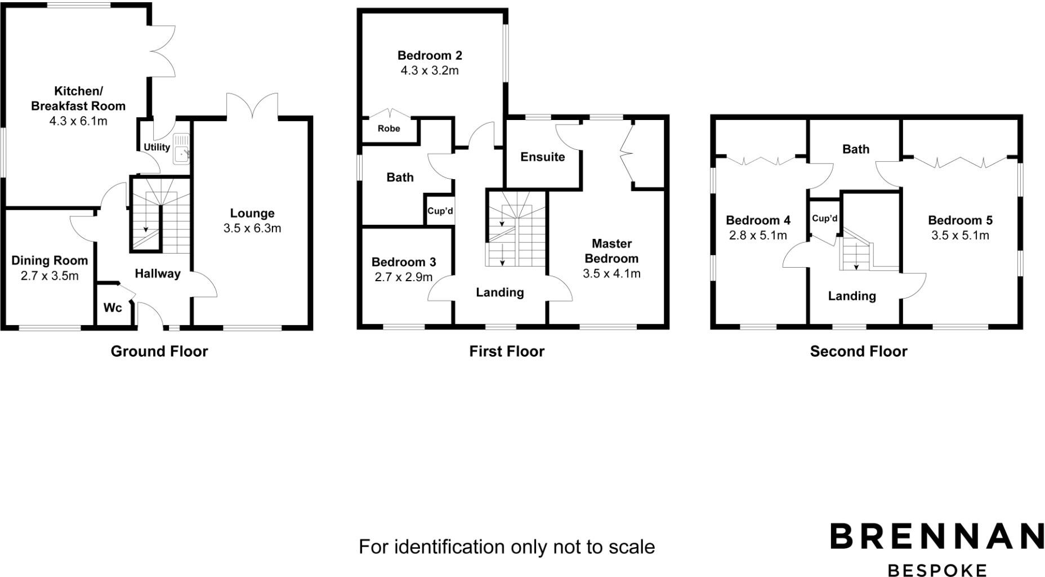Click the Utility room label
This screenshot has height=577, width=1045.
tap(157, 147)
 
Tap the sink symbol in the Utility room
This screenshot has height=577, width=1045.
tap(181, 149)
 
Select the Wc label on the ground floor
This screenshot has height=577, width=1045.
tap(113, 308)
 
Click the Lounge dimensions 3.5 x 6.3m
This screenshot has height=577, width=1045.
tap(252, 228)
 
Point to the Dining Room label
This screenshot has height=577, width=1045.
tap(50, 260)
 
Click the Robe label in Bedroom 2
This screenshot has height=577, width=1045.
tap(388, 128)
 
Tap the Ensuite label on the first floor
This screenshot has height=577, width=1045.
tap(542, 157)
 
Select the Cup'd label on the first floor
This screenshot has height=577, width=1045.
tap(440, 211)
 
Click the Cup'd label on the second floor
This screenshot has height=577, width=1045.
tap(824, 219)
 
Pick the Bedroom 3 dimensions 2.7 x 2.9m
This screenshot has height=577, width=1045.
tap(403, 277)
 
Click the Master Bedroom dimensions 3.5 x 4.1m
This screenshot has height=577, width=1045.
tap(611, 274)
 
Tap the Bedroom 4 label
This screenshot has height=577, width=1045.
tap(758, 220)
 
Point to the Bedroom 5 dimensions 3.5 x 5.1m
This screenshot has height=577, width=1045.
tap(960, 236)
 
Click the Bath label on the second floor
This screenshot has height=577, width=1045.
tap(855, 149)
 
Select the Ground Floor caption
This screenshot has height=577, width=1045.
tap(159, 352)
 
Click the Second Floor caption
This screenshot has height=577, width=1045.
tap(858, 352)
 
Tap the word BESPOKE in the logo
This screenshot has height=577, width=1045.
tap(937, 570)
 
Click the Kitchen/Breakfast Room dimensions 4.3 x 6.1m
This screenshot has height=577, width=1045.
tap(78, 121)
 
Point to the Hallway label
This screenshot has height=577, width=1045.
tap(158, 274)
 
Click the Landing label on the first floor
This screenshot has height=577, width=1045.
tap(499, 292)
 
